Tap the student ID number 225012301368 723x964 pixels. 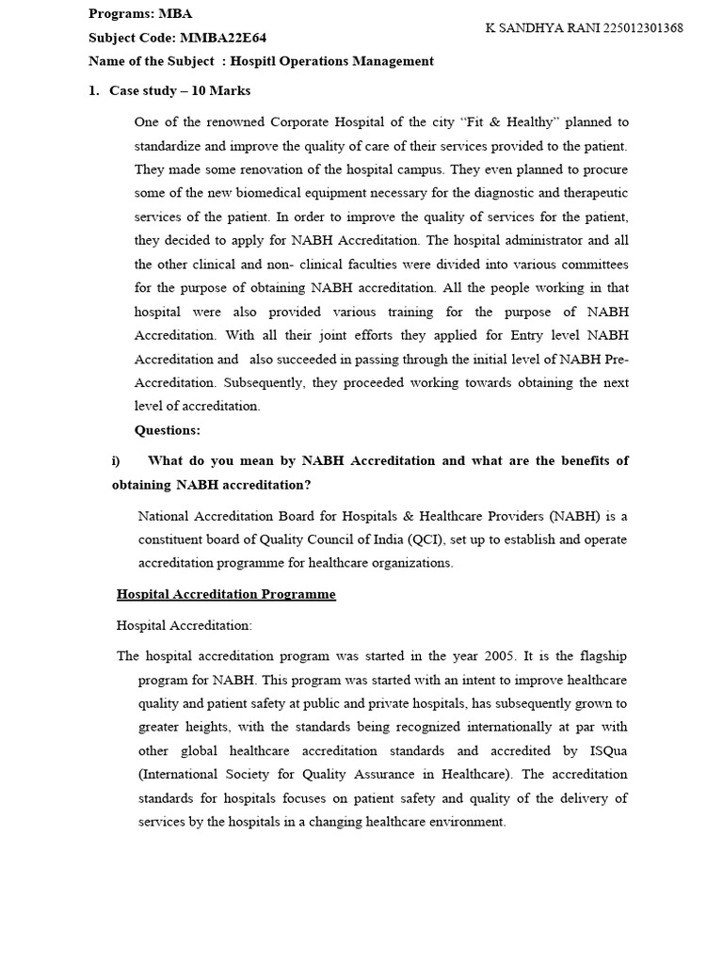click(x=636, y=28)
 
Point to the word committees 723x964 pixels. click(x=592, y=265)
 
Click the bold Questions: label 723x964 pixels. click(x=168, y=430)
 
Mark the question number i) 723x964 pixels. click(x=117, y=460)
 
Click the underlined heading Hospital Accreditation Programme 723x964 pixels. click(x=226, y=595)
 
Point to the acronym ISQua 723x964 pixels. click(x=608, y=750)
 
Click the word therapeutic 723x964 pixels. click(x=593, y=193)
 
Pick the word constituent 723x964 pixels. click(x=176, y=539)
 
